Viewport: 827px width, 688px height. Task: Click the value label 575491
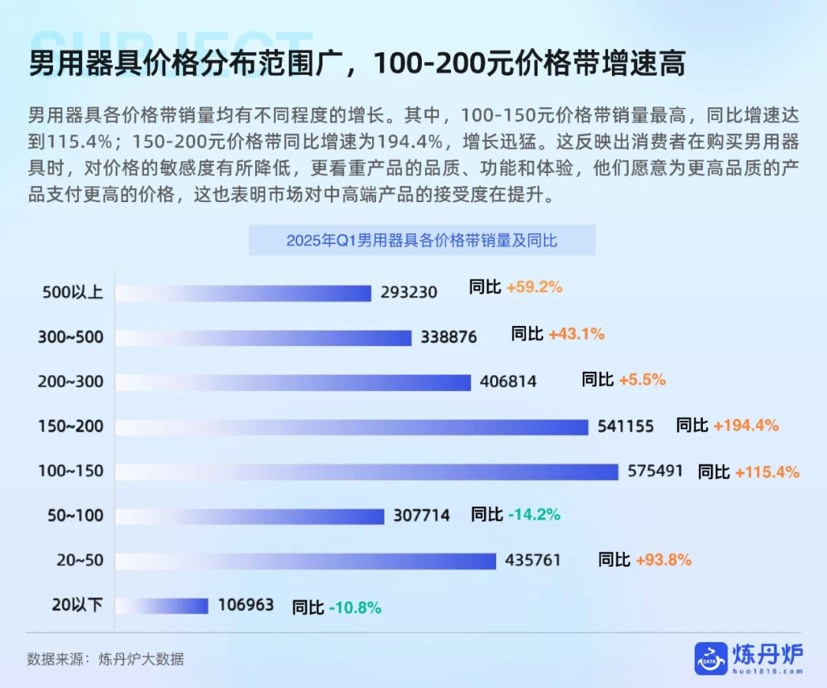pos(655,471)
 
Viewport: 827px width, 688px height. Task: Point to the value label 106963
pos(246,605)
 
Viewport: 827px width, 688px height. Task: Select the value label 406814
pos(508,381)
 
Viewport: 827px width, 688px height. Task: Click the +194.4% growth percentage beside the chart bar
pos(746,426)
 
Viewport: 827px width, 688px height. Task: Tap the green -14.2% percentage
pos(534,515)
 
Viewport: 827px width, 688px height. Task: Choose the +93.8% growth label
pos(663,560)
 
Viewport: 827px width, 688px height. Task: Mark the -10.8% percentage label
pos(355,608)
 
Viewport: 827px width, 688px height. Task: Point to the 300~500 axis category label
pos(70,337)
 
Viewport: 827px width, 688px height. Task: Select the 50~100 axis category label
pos(75,516)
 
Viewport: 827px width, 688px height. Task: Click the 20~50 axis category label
pos(80,560)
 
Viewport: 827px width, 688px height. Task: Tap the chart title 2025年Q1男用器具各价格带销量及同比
pos(422,240)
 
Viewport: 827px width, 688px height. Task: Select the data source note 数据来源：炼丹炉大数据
pos(106,659)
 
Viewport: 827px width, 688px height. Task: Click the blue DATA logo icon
pos(710,658)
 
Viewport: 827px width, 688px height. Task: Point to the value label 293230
pos(408,292)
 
